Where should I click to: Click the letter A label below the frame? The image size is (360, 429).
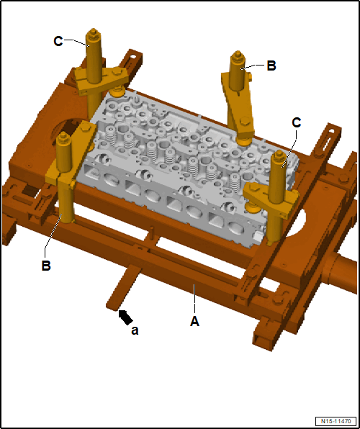pyautogui.click(x=194, y=321)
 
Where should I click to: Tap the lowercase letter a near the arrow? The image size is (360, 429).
pyautogui.click(x=135, y=330)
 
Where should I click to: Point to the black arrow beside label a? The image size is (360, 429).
pyautogui.click(x=126, y=317)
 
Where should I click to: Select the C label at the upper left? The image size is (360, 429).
pyautogui.click(x=58, y=42)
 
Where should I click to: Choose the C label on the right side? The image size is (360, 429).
pyautogui.click(x=297, y=123)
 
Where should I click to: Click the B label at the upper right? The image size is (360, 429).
pyautogui.click(x=271, y=66)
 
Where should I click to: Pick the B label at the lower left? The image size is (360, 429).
pyautogui.click(x=46, y=266)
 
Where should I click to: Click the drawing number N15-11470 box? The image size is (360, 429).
pyautogui.click(x=336, y=421)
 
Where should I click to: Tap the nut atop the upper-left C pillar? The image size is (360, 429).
pyautogui.click(x=94, y=32)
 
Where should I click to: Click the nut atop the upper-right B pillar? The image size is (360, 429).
pyautogui.click(x=238, y=55)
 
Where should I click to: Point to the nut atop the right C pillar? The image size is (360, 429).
pyautogui.click(x=279, y=155)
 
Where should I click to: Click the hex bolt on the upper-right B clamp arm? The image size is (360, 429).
pyautogui.click(x=245, y=121)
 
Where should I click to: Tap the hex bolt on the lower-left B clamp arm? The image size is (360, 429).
pyautogui.click(x=85, y=127)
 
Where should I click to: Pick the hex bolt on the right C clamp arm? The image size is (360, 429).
pyautogui.click(x=254, y=187)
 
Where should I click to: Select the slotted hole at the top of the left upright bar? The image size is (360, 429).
pyautogui.click(x=133, y=57)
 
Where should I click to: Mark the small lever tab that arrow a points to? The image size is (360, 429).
pyautogui.click(x=124, y=287)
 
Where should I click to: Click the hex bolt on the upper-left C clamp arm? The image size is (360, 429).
pyautogui.click(x=117, y=72)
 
